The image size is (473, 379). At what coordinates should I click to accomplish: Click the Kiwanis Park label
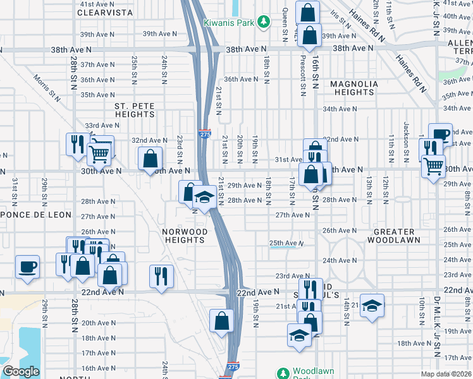(x=228, y=23)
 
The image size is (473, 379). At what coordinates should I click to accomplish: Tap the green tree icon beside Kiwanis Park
(x=266, y=23)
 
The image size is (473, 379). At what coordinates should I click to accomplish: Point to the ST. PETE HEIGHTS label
(x=135, y=110)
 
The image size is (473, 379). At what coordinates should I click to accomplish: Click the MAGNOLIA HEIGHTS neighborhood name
(x=354, y=88)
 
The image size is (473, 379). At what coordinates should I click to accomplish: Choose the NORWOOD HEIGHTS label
(x=185, y=236)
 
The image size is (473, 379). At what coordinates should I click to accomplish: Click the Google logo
(x=21, y=371)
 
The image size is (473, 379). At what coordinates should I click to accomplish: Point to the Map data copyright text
(x=446, y=374)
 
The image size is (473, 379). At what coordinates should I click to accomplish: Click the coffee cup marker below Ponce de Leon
(x=27, y=266)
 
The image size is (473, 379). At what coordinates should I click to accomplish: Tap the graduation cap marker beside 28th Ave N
(x=204, y=198)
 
